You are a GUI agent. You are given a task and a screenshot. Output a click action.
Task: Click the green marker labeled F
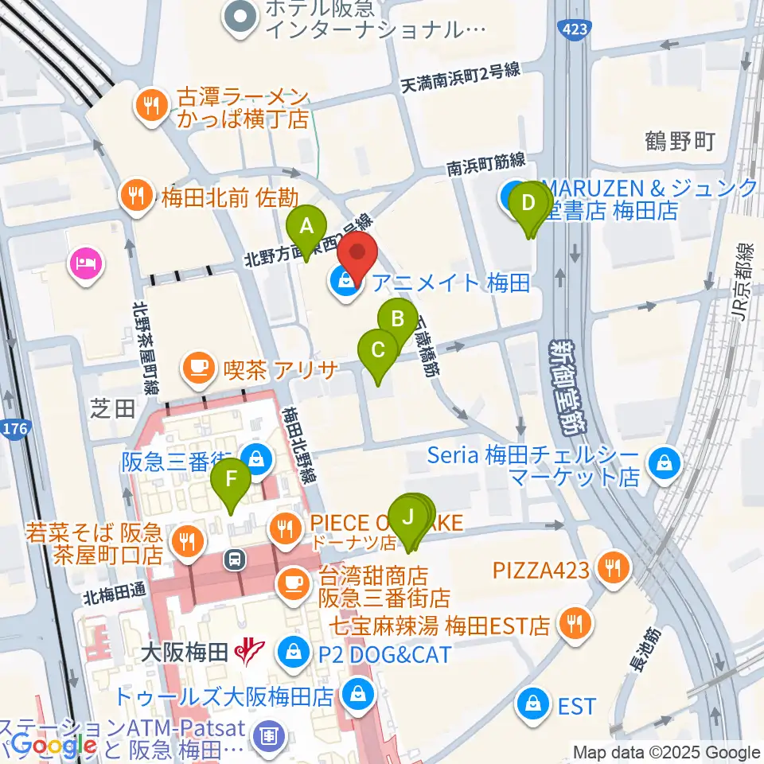[x=231, y=481]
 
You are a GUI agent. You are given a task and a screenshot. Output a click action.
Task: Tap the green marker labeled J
[x=409, y=517]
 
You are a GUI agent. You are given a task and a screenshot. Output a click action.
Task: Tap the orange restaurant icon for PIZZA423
[x=614, y=569]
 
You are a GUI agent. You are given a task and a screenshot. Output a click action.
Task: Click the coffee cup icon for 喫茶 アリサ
[x=197, y=367]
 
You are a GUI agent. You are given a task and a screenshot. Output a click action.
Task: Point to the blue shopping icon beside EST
[x=529, y=704]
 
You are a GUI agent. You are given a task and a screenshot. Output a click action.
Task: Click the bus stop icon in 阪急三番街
[x=235, y=559]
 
